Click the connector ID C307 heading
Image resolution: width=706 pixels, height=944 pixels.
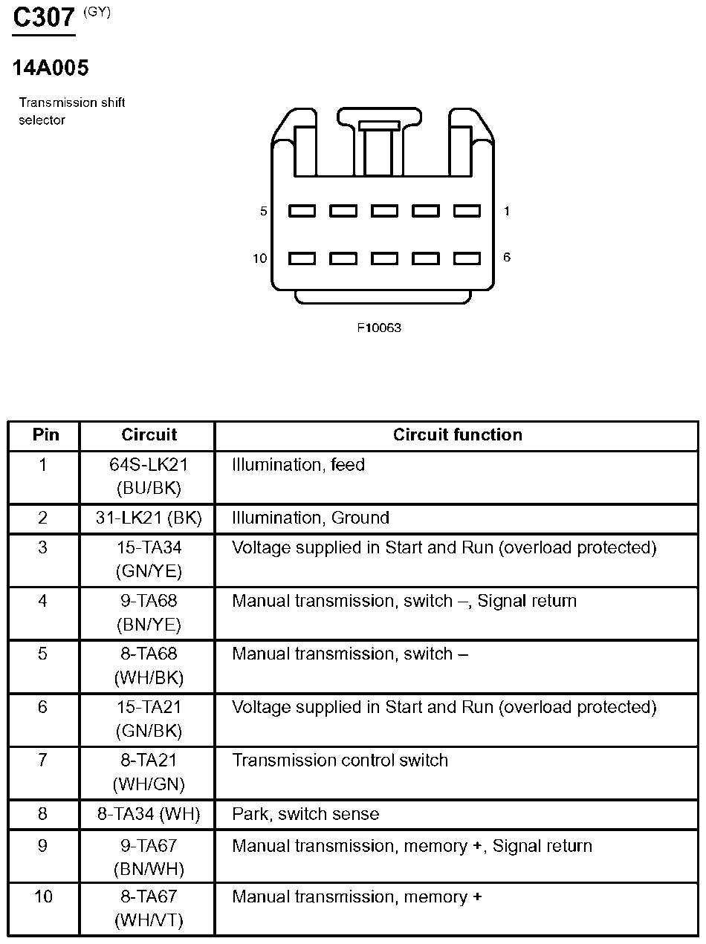click(45, 19)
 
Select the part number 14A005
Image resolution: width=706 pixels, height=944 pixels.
click(51, 68)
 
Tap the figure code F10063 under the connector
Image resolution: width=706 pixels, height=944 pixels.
click(379, 328)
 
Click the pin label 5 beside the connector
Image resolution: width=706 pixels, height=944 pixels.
click(263, 212)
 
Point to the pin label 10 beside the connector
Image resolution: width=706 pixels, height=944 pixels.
click(259, 258)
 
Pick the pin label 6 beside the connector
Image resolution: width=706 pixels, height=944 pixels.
click(507, 258)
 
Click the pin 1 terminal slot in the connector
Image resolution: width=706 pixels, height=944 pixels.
click(467, 211)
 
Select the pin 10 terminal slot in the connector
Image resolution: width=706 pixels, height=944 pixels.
click(302, 258)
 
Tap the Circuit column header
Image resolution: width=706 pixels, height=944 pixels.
click(149, 435)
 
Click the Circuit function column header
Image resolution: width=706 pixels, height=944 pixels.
click(457, 435)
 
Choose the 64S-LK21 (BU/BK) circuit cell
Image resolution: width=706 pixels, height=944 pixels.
click(149, 477)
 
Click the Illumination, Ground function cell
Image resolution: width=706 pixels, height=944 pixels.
click(311, 518)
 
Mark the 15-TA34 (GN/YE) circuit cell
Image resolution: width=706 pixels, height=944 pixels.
click(149, 559)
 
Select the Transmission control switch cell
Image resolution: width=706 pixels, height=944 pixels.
click(340, 761)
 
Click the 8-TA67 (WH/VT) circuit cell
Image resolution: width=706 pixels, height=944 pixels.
click(149, 908)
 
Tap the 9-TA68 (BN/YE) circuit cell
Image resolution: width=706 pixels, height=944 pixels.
click(149, 613)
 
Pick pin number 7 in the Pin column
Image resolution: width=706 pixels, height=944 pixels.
click(43, 761)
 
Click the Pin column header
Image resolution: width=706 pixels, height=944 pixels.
click(45, 435)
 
